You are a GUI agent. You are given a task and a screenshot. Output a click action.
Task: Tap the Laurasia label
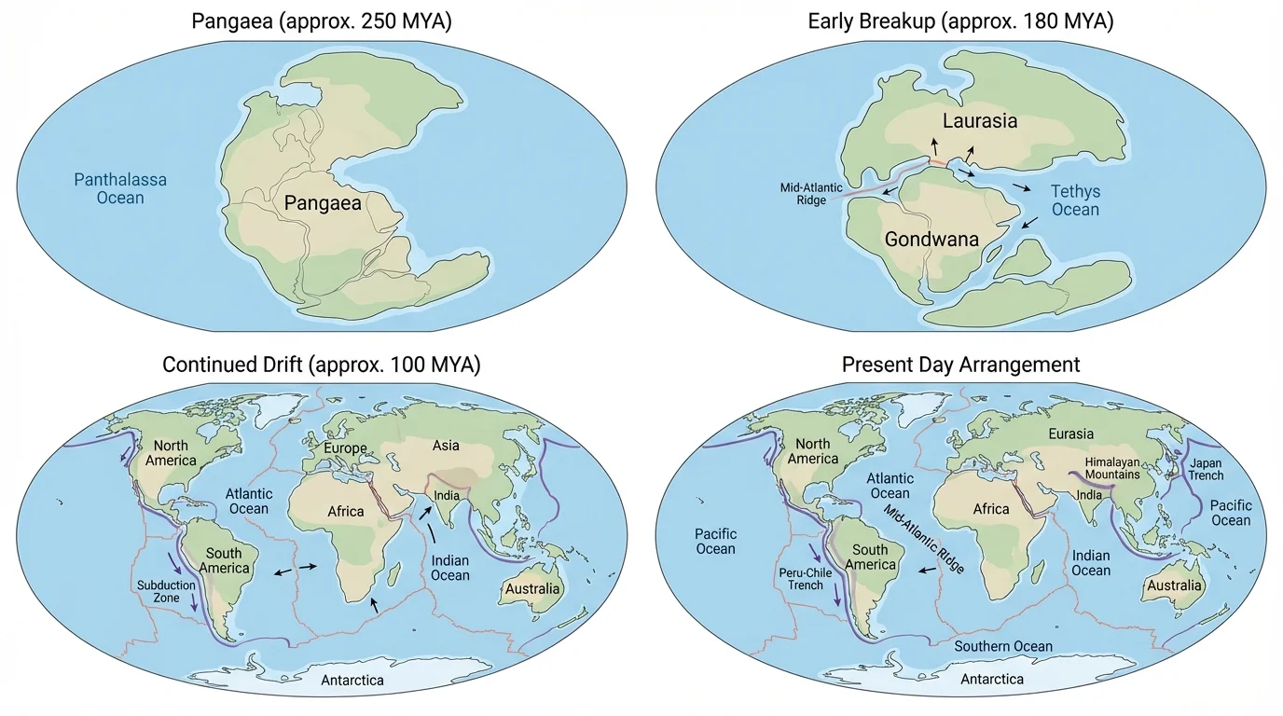[x=979, y=121]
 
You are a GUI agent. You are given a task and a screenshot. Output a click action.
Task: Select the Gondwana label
[x=931, y=240]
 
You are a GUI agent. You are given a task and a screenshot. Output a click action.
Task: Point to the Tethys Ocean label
[x=1075, y=200]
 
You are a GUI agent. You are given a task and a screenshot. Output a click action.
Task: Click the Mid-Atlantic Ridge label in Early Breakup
[x=803, y=194]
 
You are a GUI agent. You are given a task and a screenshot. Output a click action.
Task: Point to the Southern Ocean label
[x=1002, y=646]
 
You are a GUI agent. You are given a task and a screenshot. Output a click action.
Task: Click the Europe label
[x=344, y=448]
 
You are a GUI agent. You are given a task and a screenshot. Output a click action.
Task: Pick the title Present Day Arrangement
[x=960, y=364]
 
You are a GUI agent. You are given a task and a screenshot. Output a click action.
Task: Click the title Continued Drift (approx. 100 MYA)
[x=322, y=364]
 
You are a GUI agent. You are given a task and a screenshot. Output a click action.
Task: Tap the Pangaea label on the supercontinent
[x=323, y=204]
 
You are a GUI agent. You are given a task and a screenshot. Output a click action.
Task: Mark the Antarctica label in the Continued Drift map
[x=352, y=680]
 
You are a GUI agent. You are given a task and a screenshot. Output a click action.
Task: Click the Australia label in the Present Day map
[x=1174, y=585]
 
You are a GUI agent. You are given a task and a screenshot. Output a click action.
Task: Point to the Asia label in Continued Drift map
[x=446, y=446]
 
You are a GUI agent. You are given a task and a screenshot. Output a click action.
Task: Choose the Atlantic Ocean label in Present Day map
[x=890, y=486]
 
